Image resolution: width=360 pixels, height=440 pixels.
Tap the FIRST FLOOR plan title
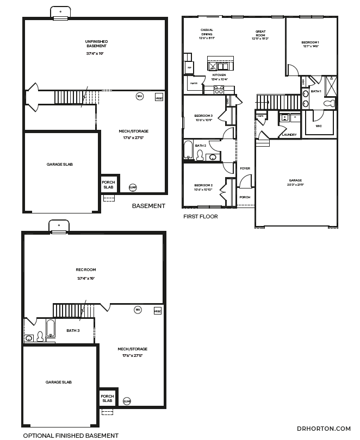point(201,216)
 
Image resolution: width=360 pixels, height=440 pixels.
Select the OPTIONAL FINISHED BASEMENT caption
point(70,435)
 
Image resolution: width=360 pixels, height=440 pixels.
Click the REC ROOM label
point(85,270)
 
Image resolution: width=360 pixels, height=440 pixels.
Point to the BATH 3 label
point(73,330)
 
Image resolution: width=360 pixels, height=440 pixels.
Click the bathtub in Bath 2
point(188,150)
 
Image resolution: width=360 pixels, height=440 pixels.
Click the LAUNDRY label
point(289,135)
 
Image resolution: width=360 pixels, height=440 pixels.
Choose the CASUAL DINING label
point(207,34)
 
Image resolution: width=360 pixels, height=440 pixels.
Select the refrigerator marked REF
point(189,67)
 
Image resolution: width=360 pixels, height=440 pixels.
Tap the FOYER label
point(245,168)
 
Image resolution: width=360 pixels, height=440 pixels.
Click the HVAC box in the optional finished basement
point(158,311)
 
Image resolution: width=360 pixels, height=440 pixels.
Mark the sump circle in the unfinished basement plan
point(133,187)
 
